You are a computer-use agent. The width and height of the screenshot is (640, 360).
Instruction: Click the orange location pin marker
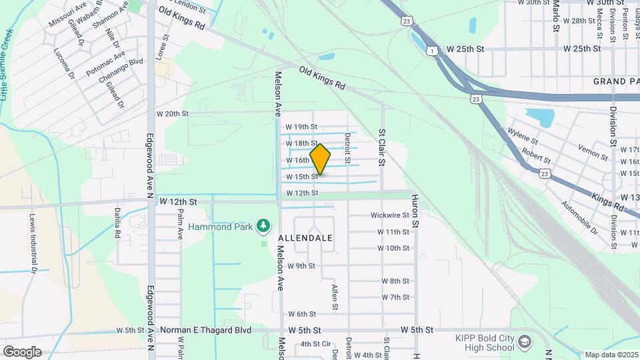coord(321,159)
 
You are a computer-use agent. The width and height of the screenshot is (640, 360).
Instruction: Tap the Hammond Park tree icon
coord(264,226)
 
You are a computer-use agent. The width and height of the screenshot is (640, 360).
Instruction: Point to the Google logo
coord(22,351)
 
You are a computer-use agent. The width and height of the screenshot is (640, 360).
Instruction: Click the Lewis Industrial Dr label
coord(31,243)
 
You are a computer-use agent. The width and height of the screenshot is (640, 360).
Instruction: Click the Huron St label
coord(414,211)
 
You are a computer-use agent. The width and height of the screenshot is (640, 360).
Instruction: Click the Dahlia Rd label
coord(116,223)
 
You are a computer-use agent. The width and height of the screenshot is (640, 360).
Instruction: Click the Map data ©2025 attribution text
coord(610,355)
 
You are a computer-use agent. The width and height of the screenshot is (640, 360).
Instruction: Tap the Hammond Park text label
coord(220,227)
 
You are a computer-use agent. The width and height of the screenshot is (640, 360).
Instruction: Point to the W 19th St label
coord(301,127)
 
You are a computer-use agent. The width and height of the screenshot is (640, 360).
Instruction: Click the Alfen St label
coord(335,297)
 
